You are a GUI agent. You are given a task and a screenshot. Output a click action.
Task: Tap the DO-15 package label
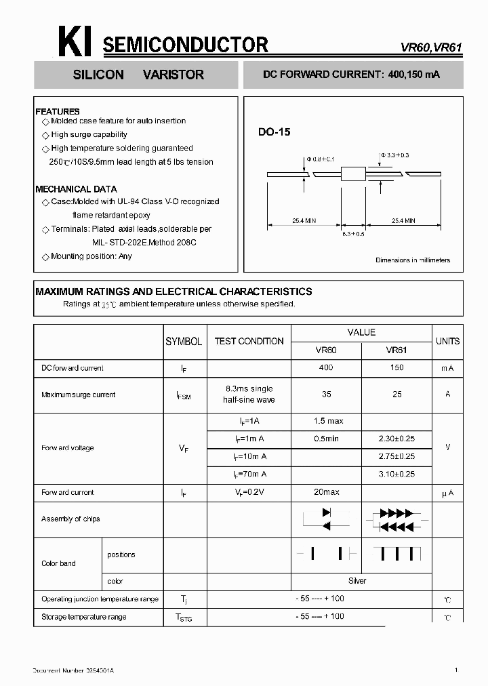(274, 133)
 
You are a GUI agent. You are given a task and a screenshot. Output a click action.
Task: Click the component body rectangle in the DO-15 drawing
(352, 174)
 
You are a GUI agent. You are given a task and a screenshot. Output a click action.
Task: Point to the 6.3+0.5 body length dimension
(353, 233)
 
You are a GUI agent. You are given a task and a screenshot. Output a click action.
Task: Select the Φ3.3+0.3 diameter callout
(394, 155)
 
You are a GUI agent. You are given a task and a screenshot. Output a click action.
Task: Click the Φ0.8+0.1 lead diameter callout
(321, 159)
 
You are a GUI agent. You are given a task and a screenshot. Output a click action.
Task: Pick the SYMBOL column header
(184, 342)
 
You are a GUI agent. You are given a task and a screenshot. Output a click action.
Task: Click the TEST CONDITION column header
(249, 342)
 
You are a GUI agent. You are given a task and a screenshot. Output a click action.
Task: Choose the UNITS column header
(447, 341)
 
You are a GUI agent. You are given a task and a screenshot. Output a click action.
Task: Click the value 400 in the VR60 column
(326, 367)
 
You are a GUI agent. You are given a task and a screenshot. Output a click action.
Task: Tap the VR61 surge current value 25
(396, 394)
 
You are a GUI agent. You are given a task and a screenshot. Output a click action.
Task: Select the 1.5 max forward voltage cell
(328, 421)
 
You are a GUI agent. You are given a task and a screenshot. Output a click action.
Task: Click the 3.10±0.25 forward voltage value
(396, 474)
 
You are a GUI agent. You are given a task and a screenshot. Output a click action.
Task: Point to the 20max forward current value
(327, 492)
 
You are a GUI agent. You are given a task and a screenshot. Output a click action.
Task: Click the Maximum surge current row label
(78, 395)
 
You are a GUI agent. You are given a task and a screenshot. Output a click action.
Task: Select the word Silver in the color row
(357, 581)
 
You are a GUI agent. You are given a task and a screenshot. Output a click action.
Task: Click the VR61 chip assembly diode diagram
(396, 519)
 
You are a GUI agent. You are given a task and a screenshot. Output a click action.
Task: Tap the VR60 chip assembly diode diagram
(326, 519)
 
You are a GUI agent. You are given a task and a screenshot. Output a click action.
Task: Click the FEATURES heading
(58, 111)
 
